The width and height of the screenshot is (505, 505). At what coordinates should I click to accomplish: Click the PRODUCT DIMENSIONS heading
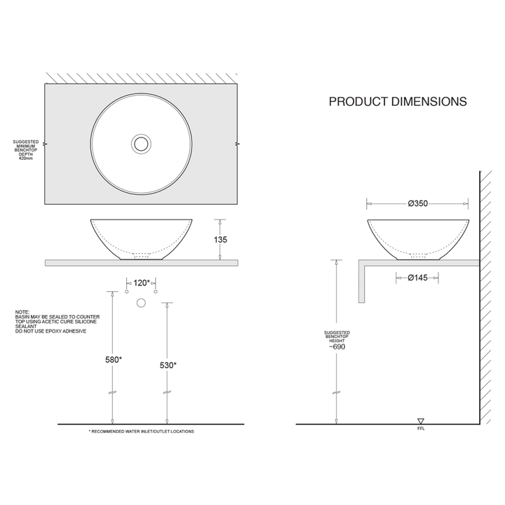[x=398, y=102]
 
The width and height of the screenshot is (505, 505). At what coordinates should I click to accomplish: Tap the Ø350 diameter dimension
[x=417, y=203]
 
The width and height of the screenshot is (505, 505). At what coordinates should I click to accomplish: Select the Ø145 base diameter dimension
[x=417, y=278]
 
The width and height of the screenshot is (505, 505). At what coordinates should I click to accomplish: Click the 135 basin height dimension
[x=220, y=239]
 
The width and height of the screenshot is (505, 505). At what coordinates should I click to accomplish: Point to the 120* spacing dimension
[x=142, y=283]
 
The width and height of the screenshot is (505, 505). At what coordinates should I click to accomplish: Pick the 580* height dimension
[x=114, y=359]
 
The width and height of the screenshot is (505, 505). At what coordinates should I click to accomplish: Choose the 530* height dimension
[x=168, y=365]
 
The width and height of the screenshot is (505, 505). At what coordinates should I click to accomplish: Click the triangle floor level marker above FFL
[x=421, y=420]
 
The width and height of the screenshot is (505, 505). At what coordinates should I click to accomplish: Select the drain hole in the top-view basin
[x=141, y=144]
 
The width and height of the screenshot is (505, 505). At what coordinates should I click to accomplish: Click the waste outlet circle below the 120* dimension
[x=141, y=302]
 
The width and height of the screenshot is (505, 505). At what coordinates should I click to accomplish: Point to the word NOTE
[x=22, y=312]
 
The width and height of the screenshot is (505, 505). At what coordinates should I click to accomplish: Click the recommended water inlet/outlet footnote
[x=141, y=431]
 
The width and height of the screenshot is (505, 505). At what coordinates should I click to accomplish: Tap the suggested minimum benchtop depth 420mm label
[x=26, y=150]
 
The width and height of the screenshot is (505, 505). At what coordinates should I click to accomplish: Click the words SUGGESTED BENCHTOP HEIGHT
[x=337, y=337]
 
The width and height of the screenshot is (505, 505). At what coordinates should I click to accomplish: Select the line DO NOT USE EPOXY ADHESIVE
[x=50, y=330]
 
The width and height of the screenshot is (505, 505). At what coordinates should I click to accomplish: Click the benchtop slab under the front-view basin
[x=141, y=263]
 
